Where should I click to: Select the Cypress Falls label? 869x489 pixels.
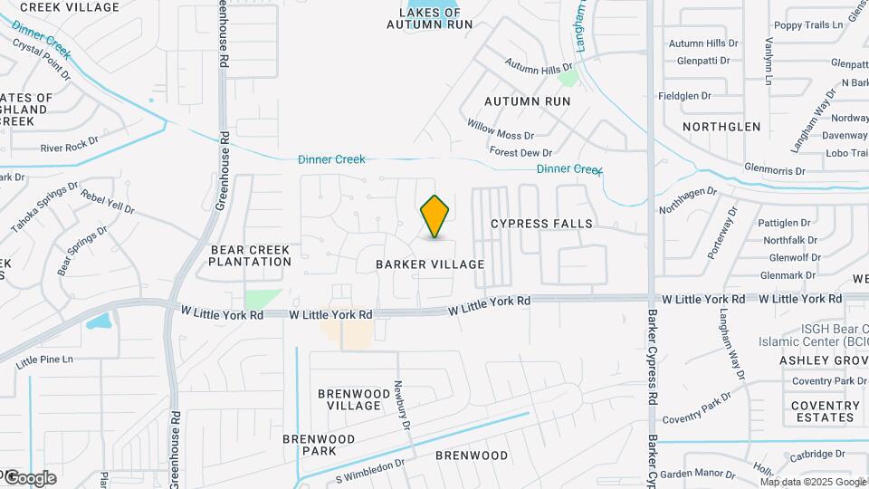point(541,224)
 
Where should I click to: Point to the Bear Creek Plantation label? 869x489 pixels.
point(249,255)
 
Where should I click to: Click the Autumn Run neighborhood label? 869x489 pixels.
point(528,101)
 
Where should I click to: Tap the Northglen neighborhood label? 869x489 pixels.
point(721,127)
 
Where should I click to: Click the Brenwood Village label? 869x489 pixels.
point(349,399)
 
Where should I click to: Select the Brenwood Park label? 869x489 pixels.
point(310,445)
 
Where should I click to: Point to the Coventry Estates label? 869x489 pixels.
point(823,411)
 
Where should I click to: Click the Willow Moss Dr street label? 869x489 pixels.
point(501,129)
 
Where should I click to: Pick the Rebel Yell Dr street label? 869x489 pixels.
point(107,202)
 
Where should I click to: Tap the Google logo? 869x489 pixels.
point(29,477)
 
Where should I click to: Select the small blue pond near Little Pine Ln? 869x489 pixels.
point(100,321)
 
